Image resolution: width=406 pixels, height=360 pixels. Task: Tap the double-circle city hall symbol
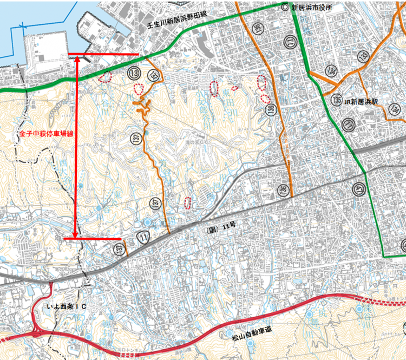coord(285,7)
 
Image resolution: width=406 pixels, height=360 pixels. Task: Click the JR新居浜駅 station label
coord(364,101)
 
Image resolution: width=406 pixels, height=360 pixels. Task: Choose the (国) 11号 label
coord(221,229)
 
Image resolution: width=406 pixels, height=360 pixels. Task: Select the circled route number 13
coord(134,73)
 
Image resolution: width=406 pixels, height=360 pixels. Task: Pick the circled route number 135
coord(337,101)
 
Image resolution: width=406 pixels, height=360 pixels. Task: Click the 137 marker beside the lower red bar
coord(120,248)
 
